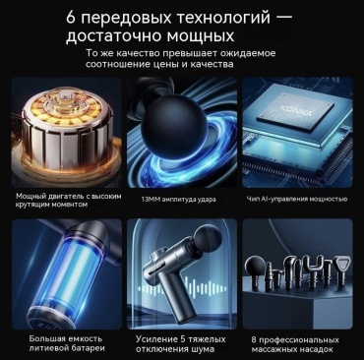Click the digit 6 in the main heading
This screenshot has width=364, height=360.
click(72, 17)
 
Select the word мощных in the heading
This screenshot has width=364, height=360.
click(200, 36)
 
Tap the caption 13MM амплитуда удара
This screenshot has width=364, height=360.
click(179, 199)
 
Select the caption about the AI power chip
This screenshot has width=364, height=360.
click(297, 199)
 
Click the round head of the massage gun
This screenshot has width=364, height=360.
click(206, 237)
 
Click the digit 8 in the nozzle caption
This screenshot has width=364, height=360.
click(254, 339)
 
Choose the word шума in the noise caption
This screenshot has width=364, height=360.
click(203, 349)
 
